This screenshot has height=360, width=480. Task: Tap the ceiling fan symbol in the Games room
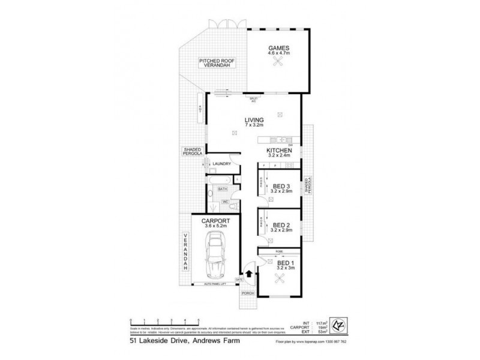coord(278,66)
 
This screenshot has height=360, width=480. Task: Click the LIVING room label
coord(254,120)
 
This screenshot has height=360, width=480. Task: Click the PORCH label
coord(248,294)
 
